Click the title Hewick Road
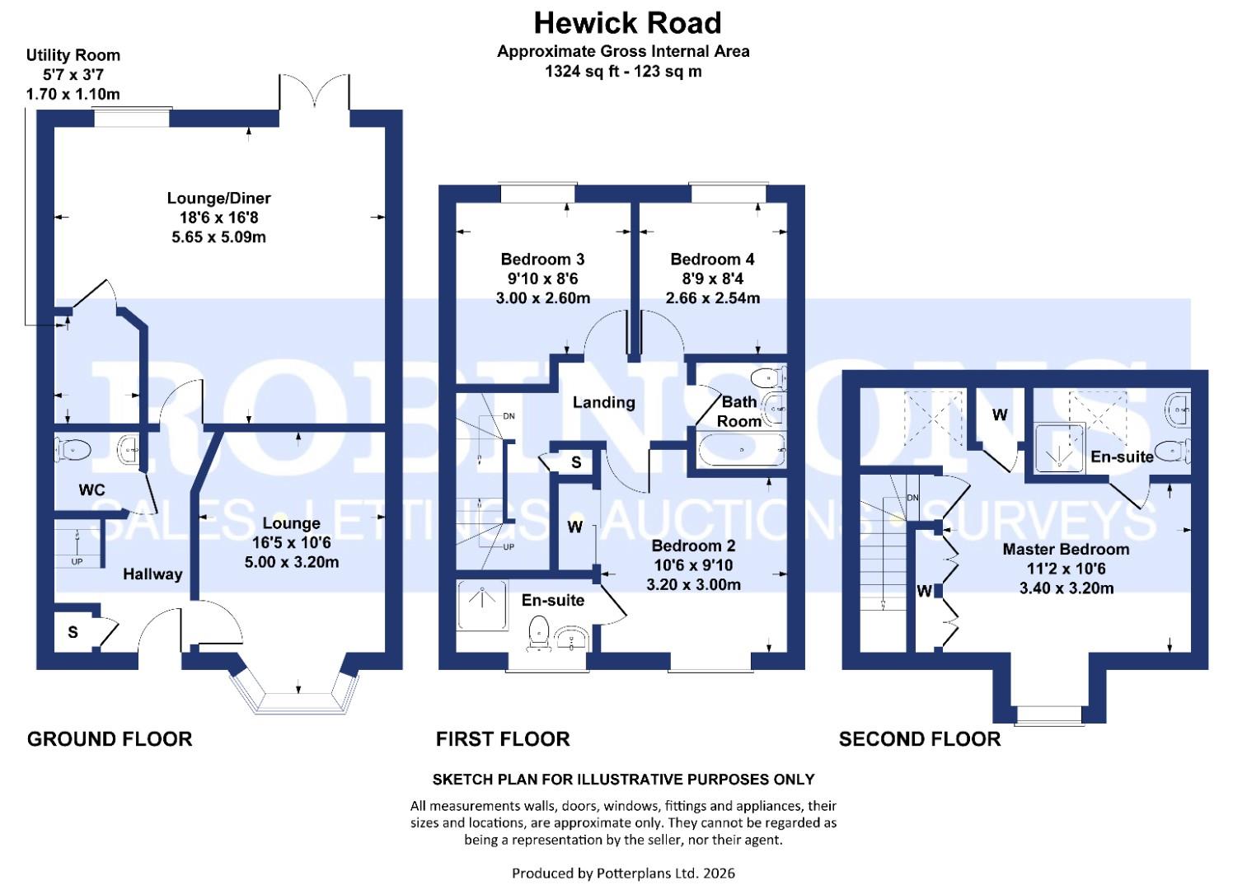point(627,23)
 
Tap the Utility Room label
point(73,55)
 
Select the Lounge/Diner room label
point(218,198)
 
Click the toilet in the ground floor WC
point(73,450)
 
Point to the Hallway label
point(152,574)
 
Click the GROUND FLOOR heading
point(110,739)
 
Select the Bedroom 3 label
point(542,259)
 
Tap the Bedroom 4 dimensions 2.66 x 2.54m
point(712,297)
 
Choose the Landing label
point(603,402)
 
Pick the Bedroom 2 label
point(693,546)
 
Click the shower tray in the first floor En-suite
point(481,607)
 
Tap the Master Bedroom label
point(1066,549)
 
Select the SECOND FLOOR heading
point(920,739)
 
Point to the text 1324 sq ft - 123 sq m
point(623,72)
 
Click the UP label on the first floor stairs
point(509,547)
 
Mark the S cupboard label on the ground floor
point(73,632)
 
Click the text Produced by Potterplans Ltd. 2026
point(623,873)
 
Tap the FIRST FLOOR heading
point(503,739)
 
